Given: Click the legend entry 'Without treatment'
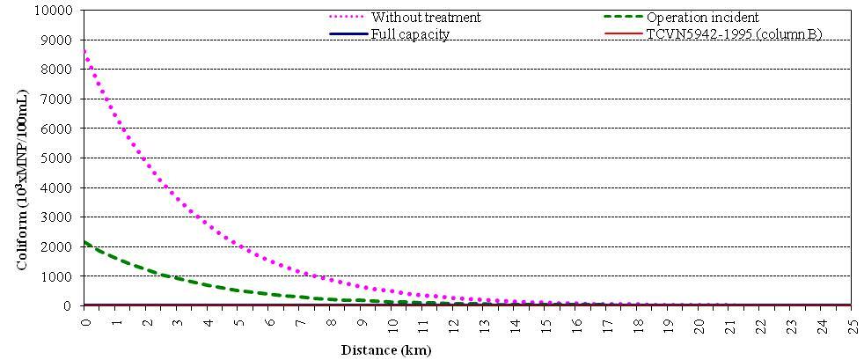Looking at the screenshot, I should click(426, 18).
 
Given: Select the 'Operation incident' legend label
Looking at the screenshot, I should click(702, 18).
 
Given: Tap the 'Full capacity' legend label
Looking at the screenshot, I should click(410, 34).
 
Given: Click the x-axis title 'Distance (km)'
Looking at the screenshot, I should click(386, 349).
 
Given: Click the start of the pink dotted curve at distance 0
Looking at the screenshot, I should click(84, 51).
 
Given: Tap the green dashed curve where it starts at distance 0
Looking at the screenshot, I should click(84, 242).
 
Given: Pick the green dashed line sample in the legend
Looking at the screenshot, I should click(622, 18).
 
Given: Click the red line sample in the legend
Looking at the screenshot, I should click(622, 34).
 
